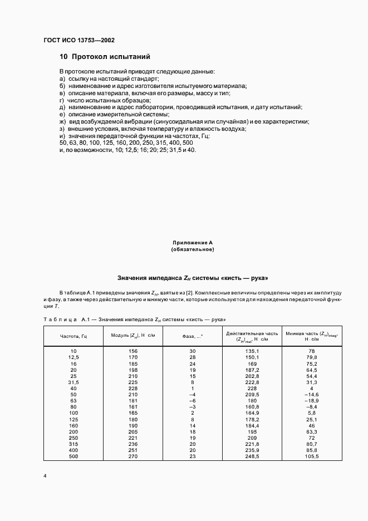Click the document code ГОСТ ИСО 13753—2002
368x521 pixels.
78,40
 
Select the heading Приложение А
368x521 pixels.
192,243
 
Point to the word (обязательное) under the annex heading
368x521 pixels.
192,249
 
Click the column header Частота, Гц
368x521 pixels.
73,336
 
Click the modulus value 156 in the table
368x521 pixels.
133,351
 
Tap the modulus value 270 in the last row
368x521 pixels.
133,456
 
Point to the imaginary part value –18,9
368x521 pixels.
311,401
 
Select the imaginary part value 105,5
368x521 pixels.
311,456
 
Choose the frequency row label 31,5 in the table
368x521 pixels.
73,382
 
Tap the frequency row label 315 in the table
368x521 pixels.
73,444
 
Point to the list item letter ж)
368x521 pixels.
62,121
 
